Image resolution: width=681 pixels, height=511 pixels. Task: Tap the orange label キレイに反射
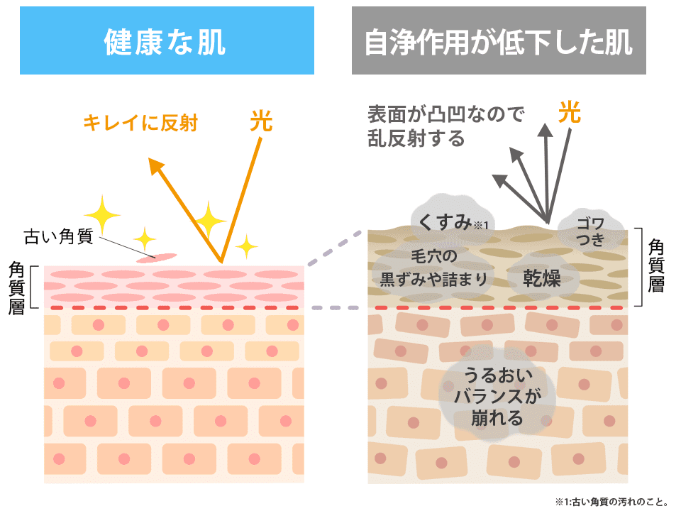pyautogui.click(x=140, y=123)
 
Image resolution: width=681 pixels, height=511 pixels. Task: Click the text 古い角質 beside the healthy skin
pyautogui.click(x=58, y=236)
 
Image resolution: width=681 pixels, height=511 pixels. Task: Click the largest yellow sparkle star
pyautogui.click(x=104, y=212)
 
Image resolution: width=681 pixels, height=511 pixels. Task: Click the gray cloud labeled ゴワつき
pyautogui.click(x=590, y=231)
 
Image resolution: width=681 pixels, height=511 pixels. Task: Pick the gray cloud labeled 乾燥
pyautogui.click(x=543, y=278)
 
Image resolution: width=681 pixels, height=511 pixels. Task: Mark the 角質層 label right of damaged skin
pyautogui.click(x=656, y=267)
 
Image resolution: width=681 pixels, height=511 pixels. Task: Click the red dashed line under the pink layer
pyautogui.click(x=175, y=308)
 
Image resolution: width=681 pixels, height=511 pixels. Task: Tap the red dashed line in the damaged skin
pyautogui.click(x=497, y=308)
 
